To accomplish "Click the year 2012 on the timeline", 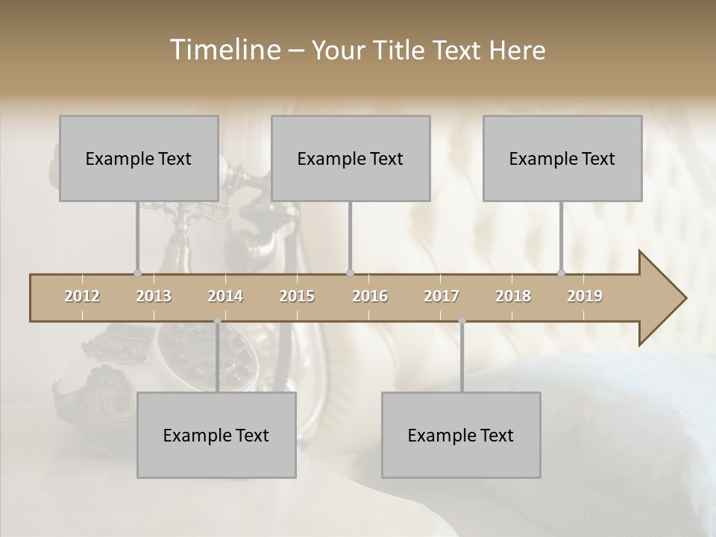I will click(82, 296).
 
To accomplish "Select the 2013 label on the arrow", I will click(154, 296).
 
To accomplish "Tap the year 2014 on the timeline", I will click(225, 296).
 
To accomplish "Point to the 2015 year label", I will click(297, 296).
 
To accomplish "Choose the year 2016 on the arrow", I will click(370, 296).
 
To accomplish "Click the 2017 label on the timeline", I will click(442, 296).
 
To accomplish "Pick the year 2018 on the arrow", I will click(513, 296).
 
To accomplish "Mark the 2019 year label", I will click(585, 296).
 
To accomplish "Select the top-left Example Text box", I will click(139, 158).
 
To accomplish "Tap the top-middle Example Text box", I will click(351, 158).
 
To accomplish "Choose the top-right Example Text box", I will click(562, 158).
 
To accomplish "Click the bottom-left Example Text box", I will click(216, 435).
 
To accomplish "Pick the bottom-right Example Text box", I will click(461, 435).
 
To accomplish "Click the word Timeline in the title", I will click(224, 50).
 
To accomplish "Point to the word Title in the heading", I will click(403, 51).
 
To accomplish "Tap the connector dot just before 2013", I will click(137, 273).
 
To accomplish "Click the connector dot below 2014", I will click(218, 321).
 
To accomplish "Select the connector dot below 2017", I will click(462, 321).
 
